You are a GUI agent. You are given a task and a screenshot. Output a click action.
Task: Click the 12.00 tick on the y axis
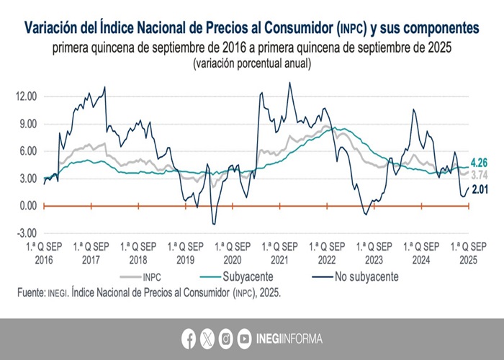26,96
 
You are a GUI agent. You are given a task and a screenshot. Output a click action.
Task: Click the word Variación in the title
57,29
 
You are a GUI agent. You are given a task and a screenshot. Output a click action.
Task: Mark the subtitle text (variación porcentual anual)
251,63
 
